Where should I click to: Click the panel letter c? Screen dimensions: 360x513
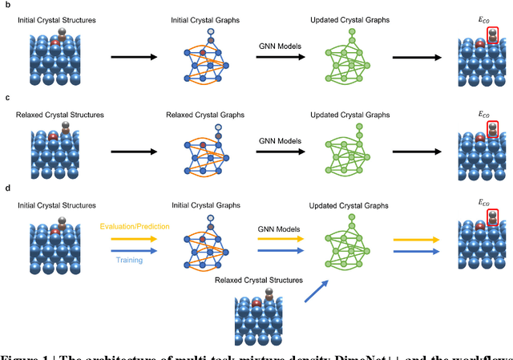pos(6,97)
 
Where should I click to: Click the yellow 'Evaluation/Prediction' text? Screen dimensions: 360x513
pos(135,226)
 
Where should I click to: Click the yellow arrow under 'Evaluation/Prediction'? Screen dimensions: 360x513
pos(135,238)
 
